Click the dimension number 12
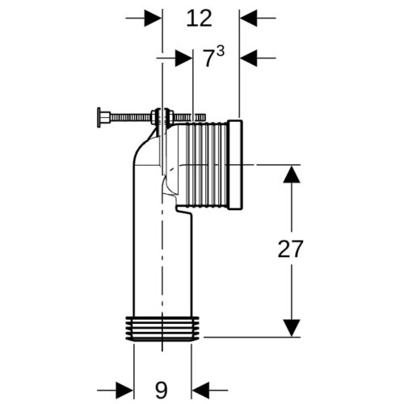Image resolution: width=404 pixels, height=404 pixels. (x=200, y=19)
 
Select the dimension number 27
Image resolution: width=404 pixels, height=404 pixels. (x=290, y=249)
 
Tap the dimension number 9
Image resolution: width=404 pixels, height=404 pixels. (x=161, y=389)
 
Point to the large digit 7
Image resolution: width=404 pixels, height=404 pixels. (x=208, y=59)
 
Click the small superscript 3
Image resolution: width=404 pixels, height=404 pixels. (x=220, y=51)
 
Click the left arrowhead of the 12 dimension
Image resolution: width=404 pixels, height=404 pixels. (x=153, y=18)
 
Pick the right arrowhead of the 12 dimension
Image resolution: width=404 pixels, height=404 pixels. (x=248, y=18)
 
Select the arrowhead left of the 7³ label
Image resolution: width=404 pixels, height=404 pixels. (x=183, y=58)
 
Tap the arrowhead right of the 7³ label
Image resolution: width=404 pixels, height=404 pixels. (x=248, y=58)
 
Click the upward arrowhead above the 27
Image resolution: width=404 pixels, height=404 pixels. (x=292, y=174)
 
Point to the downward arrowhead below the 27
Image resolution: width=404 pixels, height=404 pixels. (x=292, y=328)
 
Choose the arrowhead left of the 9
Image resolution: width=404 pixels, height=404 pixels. (x=124, y=389)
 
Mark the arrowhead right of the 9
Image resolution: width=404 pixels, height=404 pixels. (x=200, y=389)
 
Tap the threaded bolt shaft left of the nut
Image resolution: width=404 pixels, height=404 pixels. (x=130, y=117)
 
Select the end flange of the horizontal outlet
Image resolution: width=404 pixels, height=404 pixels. (x=236, y=164)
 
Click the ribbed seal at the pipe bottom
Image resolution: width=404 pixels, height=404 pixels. (x=162, y=329)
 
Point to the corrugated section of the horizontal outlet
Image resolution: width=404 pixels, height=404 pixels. (x=207, y=165)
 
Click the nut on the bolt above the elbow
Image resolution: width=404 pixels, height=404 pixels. (x=154, y=116)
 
